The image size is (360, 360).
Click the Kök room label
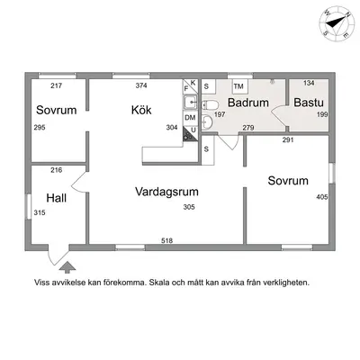[x=141, y=110]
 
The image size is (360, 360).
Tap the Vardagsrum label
[x=166, y=192]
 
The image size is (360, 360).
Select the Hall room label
[x=57, y=198]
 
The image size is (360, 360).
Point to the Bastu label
[x=309, y=103]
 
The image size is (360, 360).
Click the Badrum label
[x=248, y=103]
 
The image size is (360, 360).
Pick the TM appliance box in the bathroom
[x=239, y=86]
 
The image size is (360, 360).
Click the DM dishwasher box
[x=190, y=118]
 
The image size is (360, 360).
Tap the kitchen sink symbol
[x=190, y=103]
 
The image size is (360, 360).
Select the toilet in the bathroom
[x=210, y=105]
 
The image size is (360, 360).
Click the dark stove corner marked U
[x=190, y=133]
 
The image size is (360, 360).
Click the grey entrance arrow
[x=67, y=266]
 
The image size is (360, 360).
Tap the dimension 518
[x=166, y=240]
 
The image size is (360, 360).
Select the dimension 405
[x=322, y=197]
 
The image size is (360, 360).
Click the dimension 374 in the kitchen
[x=141, y=85]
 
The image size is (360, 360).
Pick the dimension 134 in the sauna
[x=309, y=83]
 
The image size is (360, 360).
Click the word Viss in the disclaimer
[x=41, y=283]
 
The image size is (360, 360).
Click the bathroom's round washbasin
[x=207, y=121]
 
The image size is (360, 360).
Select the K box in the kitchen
[x=193, y=83]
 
